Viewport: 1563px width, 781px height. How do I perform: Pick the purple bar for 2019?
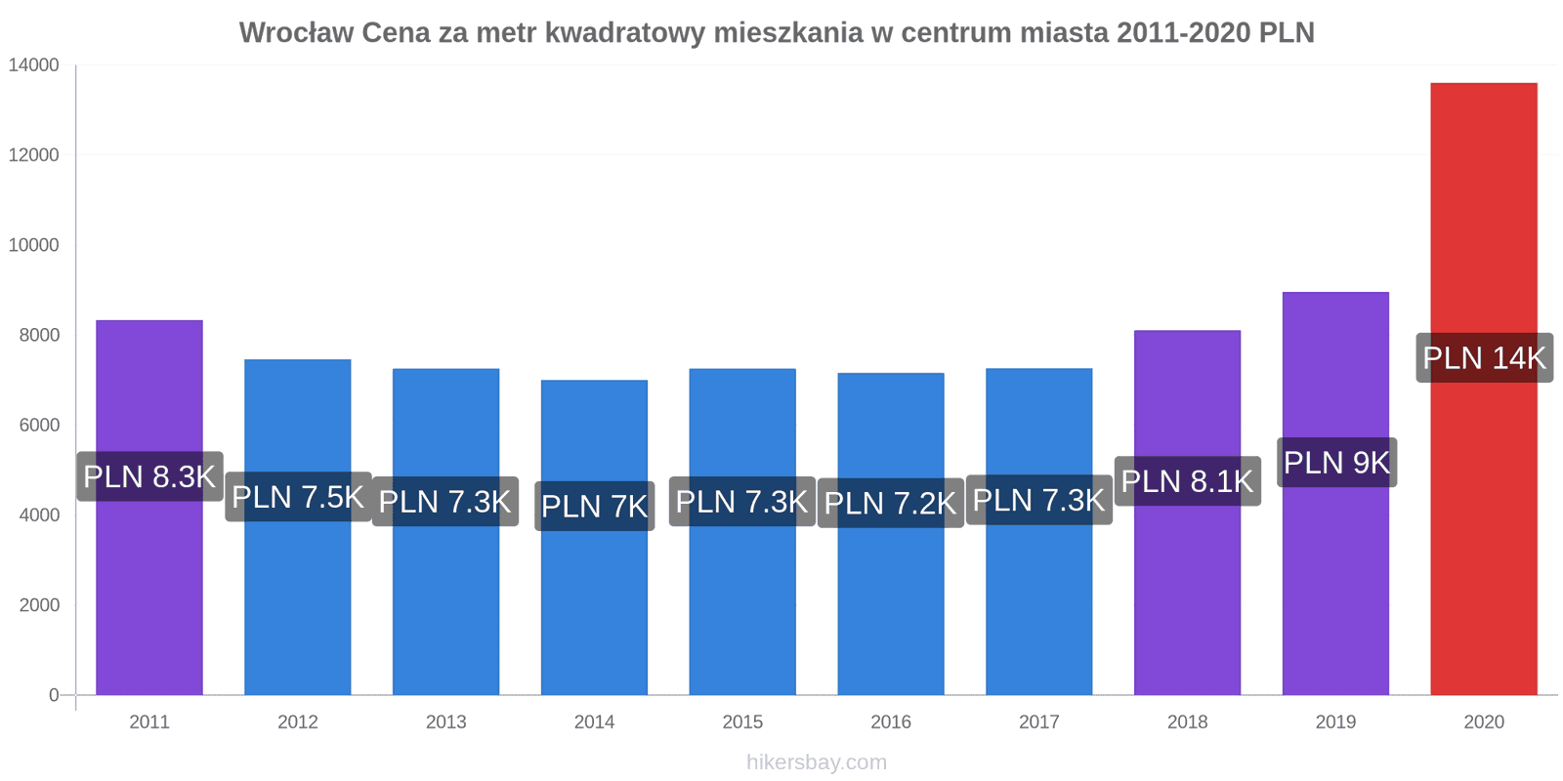coord(1335,586)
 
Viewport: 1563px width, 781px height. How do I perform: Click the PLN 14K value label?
coord(1484,357)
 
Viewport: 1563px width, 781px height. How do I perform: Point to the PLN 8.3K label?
coord(149,476)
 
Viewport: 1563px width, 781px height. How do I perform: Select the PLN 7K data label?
coord(594,506)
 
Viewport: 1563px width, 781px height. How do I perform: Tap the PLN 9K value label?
coord(1336,462)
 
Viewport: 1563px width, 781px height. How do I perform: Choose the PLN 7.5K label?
coord(298,497)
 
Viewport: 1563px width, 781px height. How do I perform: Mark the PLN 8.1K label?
coord(1187,480)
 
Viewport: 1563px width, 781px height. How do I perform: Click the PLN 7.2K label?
coord(890,503)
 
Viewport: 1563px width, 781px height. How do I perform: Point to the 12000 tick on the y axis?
coord(34,155)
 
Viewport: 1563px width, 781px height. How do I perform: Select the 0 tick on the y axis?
coord(54,695)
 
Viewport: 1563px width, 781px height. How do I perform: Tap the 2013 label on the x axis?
coord(445,722)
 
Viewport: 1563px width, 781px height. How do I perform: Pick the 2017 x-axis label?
coord(1038,722)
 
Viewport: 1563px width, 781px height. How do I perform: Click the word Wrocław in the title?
coord(296,33)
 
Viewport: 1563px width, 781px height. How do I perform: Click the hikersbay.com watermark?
coord(816,762)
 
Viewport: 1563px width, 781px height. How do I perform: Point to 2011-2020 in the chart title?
coord(1183,33)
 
